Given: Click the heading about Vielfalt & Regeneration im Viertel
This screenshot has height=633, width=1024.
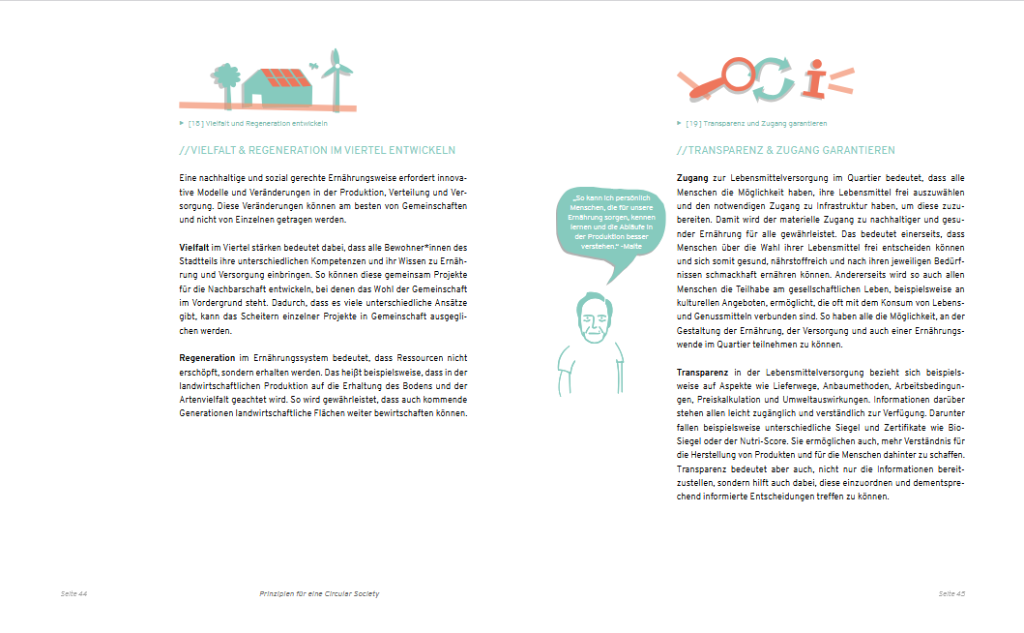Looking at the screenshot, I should point(317,151).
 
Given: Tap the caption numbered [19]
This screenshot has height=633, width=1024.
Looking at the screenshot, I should point(755,124).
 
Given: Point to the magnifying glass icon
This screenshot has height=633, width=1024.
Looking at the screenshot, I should point(729,79).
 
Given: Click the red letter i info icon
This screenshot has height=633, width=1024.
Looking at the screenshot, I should point(817,80).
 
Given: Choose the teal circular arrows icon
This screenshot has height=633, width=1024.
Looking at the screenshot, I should point(773,79).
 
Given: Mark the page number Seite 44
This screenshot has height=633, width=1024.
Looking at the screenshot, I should point(74,592).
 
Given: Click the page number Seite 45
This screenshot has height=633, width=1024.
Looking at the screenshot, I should point(951,592).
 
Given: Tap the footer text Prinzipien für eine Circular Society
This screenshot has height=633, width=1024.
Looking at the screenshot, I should point(320,592).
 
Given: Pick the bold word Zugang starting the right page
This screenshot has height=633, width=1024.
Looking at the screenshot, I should point(693,178).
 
